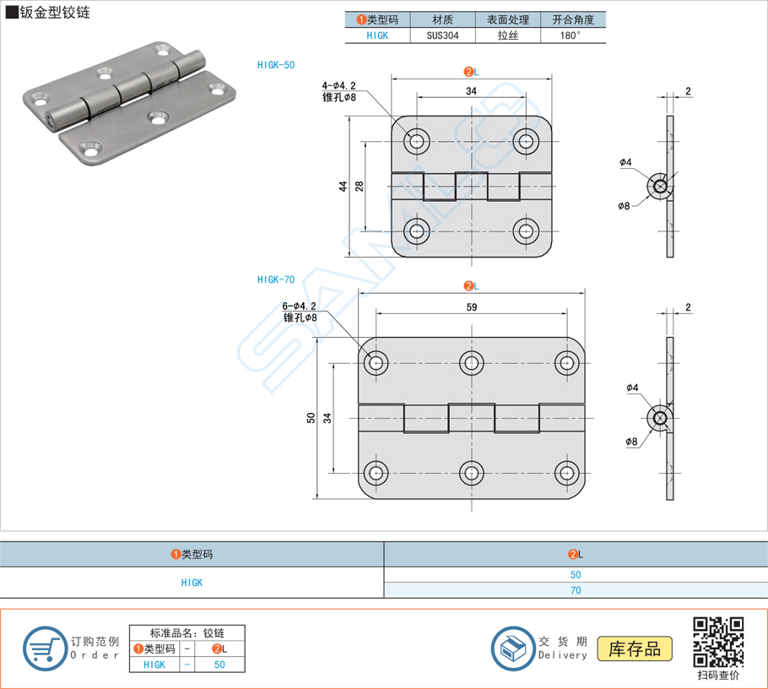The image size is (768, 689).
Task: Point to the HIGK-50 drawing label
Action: (276, 64)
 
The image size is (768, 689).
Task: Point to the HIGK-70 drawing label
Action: (276, 279)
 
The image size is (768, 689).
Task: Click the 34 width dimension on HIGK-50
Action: (471, 91)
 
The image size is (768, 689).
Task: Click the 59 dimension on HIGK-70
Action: (472, 308)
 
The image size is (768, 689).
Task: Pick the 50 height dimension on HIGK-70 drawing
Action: (311, 418)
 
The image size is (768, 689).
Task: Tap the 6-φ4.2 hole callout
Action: (300, 307)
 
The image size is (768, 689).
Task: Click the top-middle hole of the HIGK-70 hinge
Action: (472, 363)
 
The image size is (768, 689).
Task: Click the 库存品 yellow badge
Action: (635, 648)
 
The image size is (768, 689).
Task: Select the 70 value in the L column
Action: (576, 590)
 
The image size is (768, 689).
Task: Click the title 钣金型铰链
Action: (55, 12)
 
